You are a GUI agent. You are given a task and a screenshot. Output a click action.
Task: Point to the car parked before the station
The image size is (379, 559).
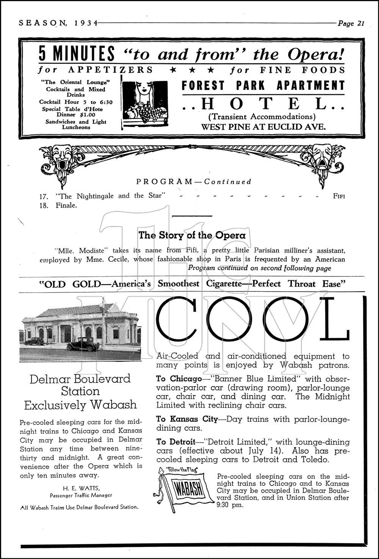coord(83,346)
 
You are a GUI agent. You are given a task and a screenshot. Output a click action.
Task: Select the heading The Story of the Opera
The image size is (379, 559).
coord(192,235)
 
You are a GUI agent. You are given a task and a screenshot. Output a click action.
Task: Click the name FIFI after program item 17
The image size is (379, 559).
coord(339,196)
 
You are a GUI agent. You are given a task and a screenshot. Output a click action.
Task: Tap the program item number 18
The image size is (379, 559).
coord(44,206)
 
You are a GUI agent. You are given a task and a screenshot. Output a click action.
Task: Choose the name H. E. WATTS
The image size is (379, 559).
coord(81,488)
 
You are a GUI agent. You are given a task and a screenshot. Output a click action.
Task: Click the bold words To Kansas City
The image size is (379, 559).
coord(187,419)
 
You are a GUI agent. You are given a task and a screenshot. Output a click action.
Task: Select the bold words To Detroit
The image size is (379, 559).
coord(175,442)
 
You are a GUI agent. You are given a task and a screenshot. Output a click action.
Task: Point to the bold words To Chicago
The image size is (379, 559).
coord(179,378)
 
